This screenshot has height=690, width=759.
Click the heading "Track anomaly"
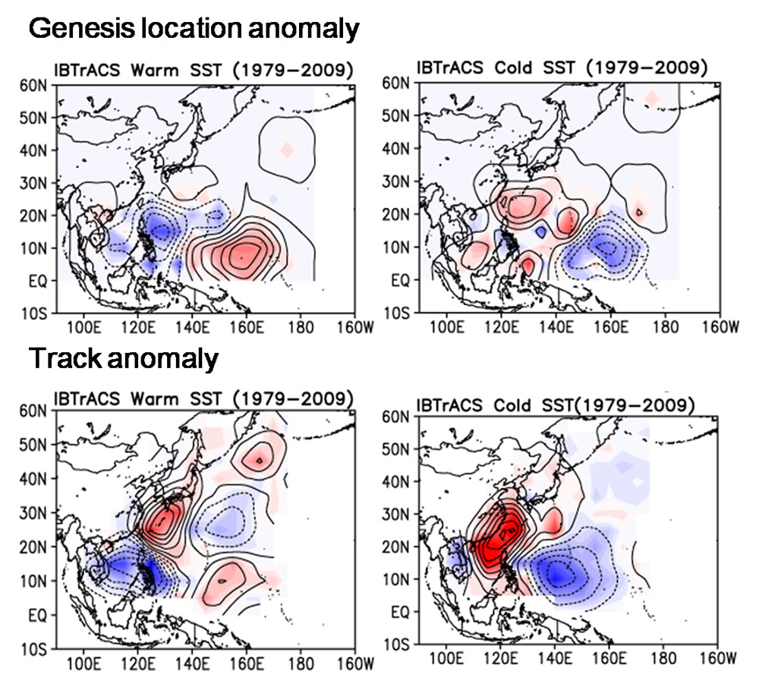tap(124, 359)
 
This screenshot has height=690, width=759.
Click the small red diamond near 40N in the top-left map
tap(286, 150)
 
